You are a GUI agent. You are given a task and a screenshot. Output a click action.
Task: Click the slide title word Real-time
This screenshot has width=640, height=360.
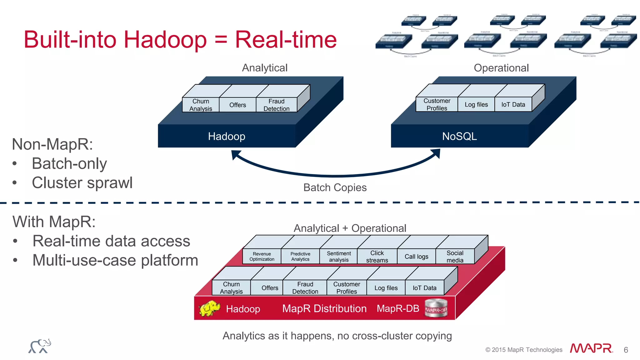click(286, 40)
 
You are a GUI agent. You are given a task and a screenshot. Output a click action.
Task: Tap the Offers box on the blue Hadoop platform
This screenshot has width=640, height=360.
click(237, 105)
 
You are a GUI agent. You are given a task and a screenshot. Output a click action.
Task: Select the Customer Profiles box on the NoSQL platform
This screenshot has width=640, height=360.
click(437, 104)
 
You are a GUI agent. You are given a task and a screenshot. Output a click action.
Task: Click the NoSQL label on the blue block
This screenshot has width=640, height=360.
click(459, 136)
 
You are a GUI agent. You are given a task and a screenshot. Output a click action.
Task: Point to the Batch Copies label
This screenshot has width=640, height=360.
click(335, 187)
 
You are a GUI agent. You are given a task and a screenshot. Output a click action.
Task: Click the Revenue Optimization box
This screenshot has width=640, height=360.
click(262, 257)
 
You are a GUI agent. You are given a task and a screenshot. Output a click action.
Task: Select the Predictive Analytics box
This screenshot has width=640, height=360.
click(300, 257)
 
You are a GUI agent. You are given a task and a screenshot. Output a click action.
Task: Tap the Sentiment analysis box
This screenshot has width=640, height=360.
click(338, 257)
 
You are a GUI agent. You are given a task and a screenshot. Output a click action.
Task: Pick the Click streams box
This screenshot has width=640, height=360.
click(377, 257)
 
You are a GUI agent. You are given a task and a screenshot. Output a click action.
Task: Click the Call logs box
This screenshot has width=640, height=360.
click(416, 257)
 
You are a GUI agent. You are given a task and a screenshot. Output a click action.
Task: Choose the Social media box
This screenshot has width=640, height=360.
click(455, 257)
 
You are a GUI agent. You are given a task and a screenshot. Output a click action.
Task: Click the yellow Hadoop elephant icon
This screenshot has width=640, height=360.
click(209, 308)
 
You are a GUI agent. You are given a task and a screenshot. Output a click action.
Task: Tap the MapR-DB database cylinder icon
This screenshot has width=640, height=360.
click(436, 308)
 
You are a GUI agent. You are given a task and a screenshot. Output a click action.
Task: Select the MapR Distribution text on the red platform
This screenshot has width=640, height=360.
click(324, 309)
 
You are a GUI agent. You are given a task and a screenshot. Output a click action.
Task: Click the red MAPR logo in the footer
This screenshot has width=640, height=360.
click(591, 348)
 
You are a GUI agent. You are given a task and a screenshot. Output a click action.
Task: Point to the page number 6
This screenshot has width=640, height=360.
click(626, 350)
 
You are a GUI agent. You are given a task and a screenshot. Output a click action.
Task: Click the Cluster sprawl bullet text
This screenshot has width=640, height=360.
click(82, 183)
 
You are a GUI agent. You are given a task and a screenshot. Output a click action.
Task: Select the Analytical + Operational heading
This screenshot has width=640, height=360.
click(350, 228)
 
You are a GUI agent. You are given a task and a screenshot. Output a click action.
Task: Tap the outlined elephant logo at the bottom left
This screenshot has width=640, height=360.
click(40, 346)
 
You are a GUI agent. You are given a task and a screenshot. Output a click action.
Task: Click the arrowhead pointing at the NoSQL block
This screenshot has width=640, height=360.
click(436, 153)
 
